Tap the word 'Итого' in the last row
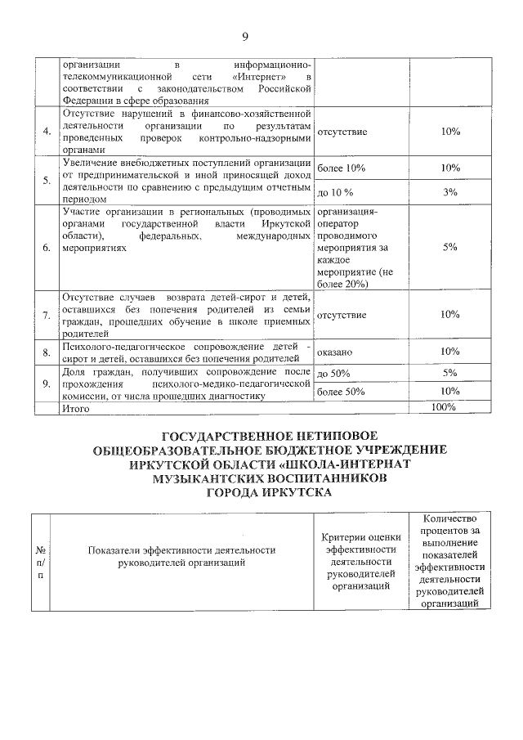tap(76, 407)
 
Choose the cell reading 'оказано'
tap(334, 352)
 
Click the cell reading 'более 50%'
tap(340, 392)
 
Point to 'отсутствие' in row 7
tap(342, 315)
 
